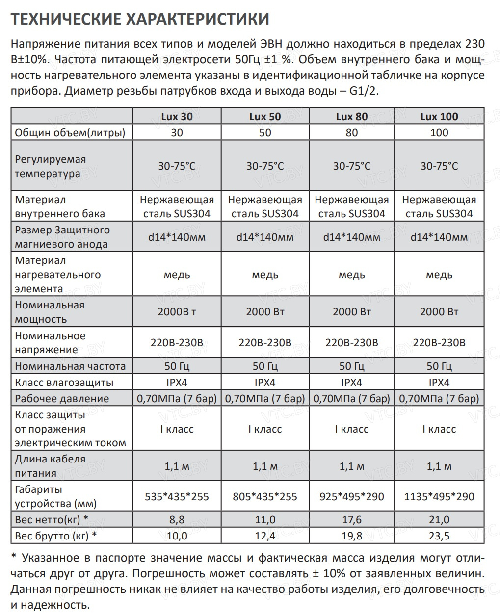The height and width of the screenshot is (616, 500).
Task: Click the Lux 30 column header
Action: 177,117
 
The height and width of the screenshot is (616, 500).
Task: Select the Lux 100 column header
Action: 439,117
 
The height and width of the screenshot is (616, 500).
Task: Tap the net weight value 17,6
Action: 351,519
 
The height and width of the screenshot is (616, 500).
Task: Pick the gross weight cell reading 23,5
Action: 439,536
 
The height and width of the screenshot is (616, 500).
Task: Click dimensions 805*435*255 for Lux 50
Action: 265,496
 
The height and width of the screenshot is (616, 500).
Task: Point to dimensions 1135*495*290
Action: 439,496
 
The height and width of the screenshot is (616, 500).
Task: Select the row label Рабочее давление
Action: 62,398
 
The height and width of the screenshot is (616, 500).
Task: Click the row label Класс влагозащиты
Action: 64,382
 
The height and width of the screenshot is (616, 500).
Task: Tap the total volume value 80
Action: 351,132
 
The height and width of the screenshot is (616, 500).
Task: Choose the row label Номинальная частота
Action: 70,366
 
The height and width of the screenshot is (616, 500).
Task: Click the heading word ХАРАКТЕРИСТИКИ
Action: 198,19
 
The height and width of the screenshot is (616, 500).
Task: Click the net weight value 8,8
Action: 177,519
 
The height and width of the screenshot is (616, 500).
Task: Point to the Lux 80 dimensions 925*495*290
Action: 351,496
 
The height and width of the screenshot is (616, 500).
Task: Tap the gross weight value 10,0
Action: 177,536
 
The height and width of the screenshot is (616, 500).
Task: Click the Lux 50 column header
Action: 265,117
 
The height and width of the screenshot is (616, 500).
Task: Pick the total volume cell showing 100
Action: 439,132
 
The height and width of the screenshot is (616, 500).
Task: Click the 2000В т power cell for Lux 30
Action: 177,311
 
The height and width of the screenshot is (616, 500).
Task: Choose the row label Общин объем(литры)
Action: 70,132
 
